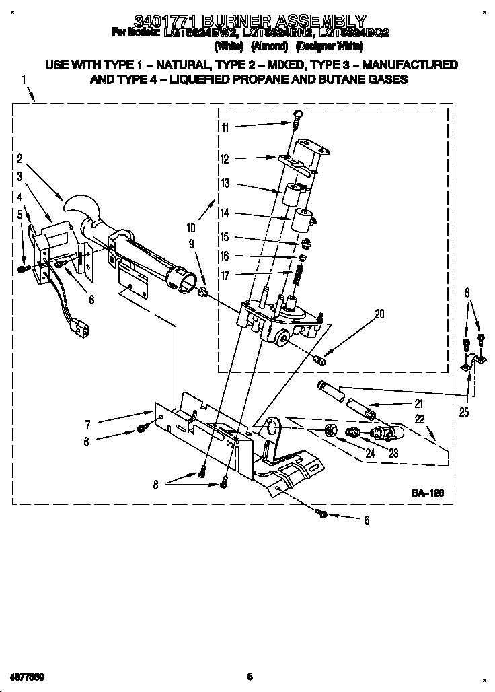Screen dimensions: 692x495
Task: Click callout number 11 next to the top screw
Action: point(225,127)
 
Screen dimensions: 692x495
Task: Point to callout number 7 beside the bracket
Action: point(87,424)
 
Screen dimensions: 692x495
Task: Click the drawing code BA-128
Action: point(428,493)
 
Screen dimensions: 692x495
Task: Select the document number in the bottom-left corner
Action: point(27,675)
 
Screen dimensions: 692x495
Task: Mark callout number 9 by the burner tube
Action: point(191,244)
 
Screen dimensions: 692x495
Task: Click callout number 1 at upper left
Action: point(24,79)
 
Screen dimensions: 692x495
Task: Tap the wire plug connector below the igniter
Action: point(81,330)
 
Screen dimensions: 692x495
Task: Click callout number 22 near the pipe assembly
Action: point(420,419)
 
